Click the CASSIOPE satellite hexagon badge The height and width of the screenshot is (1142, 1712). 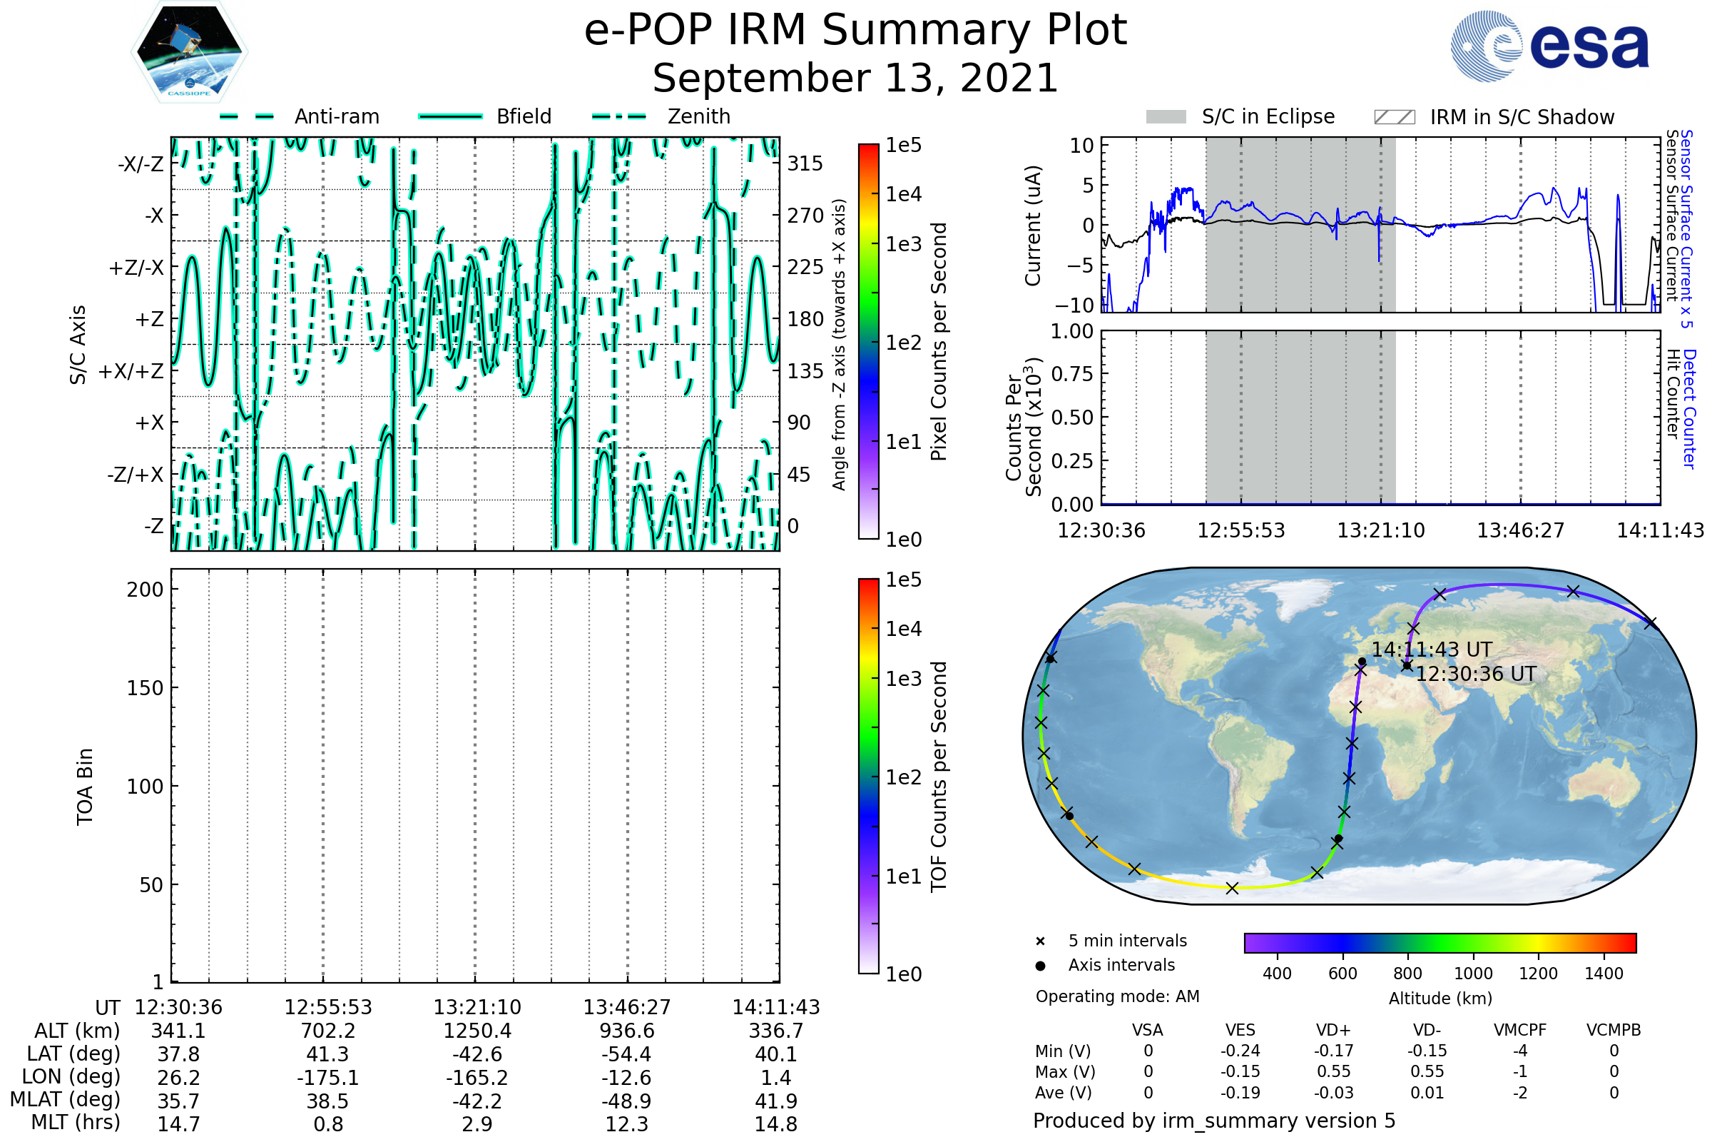(x=189, y=51)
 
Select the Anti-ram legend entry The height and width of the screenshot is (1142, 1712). (x=299, y=116)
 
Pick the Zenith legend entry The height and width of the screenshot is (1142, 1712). (x=661, y=116)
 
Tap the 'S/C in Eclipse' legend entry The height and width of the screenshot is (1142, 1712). (x=1240, y=116)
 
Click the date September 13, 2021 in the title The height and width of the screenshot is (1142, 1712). (x=855, y=79)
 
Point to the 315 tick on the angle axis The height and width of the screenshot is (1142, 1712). (x=805, y=163)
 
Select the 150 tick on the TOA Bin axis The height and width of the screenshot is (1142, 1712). (x=145, y=688)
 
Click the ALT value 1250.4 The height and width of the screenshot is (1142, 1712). (x=477, y=1031)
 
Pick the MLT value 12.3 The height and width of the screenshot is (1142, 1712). (x=627, y=1123)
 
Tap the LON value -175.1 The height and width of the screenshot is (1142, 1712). (x=327, y=1077)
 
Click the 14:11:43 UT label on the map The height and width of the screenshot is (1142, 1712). (x=1432, y=650)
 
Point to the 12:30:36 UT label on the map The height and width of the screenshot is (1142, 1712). (x=1475, y=674)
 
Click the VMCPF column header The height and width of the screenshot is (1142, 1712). (x=1520, y=1030)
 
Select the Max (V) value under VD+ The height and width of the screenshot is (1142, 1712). (x=1333, y=1071)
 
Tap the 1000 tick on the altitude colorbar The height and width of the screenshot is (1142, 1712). (x=1472, y=974)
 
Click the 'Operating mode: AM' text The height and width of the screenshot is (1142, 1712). (x=1117, y=996)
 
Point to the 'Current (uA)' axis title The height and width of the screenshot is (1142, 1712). (x=1033, y=226)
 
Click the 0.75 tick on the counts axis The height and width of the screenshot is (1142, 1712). (x=1072, y=373)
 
